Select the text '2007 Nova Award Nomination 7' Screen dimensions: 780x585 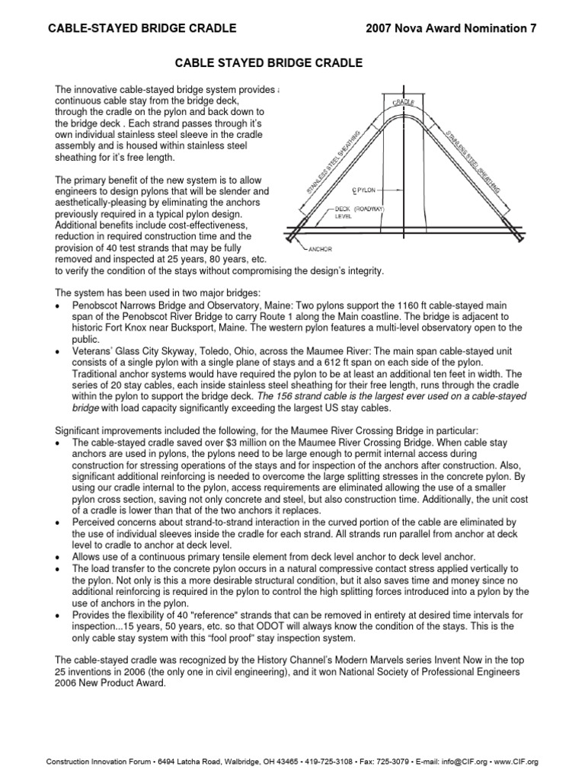(x=451, y=28)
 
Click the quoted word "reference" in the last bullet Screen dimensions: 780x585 (x=232, y=613)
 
